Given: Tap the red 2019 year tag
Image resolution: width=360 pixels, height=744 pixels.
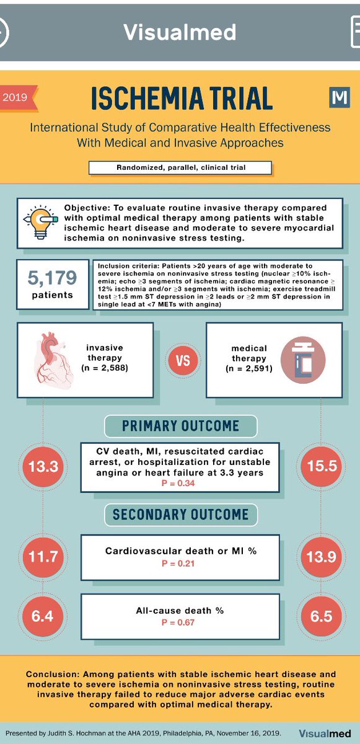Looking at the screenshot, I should tap(17, 97).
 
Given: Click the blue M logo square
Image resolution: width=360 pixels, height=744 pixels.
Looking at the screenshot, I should tap(339, 97).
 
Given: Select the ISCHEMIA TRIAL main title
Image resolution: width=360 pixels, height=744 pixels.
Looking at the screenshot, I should tap(182, 99).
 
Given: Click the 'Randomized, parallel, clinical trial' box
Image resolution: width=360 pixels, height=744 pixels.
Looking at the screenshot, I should tap(180, 167).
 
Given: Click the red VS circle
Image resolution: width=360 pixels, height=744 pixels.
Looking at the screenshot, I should tap(183, 360).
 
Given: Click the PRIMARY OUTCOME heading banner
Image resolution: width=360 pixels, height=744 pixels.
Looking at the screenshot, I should tap(180, 426).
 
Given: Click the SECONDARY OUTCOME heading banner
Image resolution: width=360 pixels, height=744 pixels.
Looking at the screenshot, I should tap(180, 514).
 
